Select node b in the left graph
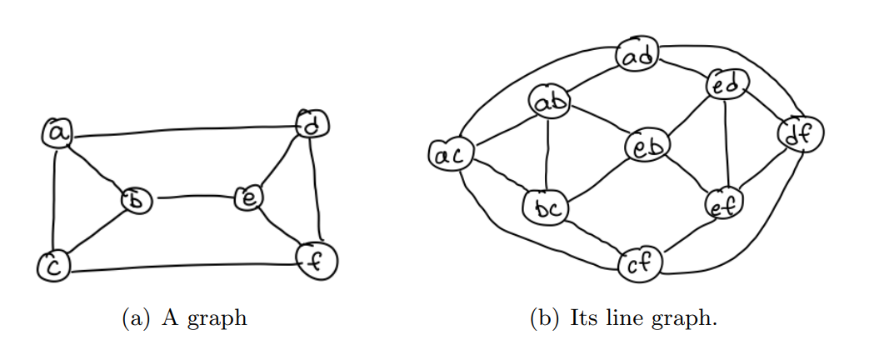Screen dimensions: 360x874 (x=133, y=200)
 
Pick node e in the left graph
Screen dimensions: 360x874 (x=248, y=198)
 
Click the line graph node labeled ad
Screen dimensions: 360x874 (x=638, y=57)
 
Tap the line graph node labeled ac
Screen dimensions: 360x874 (x=450, y=154)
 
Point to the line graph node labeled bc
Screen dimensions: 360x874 (x=545, y=206)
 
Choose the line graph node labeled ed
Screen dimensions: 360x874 (x=727, y=84)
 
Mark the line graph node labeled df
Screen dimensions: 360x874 (x=801, y=133)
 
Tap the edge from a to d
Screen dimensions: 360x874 (x=183, y=130)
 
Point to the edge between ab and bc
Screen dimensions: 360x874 (x=547, y=155)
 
